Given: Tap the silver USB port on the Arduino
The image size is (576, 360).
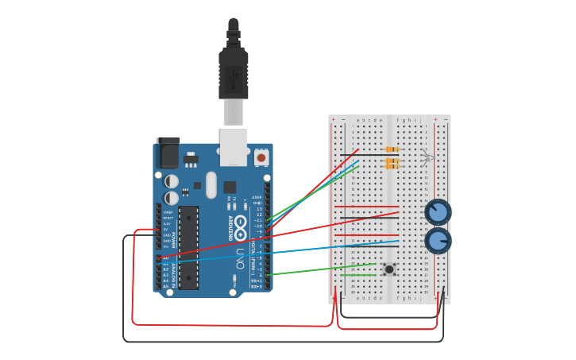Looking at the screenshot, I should (234, 146).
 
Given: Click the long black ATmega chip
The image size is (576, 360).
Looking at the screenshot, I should (188, 247).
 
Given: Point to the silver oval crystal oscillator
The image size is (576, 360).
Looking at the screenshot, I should (211, 184).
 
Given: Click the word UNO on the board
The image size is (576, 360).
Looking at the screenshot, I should (240, 258).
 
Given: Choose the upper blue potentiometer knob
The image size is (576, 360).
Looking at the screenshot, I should (437, 212).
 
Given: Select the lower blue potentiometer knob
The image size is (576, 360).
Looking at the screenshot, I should (437, 240).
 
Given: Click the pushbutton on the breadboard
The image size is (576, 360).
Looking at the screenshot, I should (389, 269).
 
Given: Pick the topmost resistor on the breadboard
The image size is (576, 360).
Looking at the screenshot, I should (392, 149).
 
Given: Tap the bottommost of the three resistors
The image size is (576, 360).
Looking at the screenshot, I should (392, 167).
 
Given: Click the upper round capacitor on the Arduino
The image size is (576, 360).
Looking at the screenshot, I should (172, 181).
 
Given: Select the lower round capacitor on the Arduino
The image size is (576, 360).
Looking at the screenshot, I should (172, 198).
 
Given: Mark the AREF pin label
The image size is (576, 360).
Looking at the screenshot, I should (257, 197).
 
